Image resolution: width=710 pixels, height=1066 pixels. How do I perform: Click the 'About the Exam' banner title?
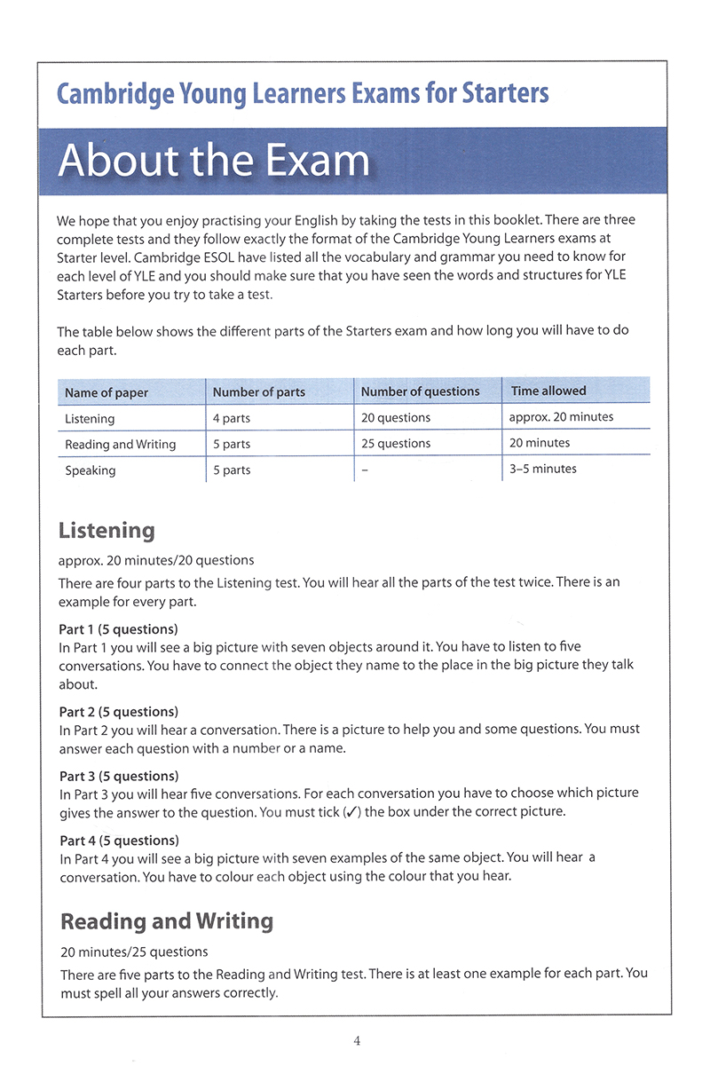click(x=213, y=161)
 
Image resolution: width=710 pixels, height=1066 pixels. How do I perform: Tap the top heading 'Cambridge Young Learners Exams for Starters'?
click(x=302, y=93)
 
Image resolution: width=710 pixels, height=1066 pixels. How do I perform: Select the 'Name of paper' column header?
click(x=106, y=392)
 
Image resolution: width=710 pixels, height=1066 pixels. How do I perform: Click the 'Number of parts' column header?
click(x=258, y=391)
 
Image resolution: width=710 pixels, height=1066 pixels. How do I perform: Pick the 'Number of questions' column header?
click(x=420, y=391)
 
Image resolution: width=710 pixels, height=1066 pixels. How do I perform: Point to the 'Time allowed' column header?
click(x=548, y=391)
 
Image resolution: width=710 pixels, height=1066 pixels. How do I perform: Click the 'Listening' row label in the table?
click(x=90, y=418)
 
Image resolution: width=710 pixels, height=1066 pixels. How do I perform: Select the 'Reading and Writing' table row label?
click(x=120, y=444)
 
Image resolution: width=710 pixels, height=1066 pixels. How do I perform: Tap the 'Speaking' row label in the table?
click(x=90, y=470)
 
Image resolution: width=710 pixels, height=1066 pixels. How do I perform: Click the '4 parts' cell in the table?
click(x=232, y=418)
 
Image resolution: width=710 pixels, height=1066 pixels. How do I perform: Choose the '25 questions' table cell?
click(x=396, y=443)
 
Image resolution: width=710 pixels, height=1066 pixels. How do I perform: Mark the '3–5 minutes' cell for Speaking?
click(x=542, y=469)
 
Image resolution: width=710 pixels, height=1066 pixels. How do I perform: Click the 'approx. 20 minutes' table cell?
click(x=561, y=416)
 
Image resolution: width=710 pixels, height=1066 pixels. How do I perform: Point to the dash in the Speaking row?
click(x=365, y=470)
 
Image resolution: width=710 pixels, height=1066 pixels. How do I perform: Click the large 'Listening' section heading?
click(x=106, y=531)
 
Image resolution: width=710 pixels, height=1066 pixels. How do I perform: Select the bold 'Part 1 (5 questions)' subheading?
click(x=118, y=629)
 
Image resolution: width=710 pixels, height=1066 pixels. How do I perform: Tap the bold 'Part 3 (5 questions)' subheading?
click(x=119, y=776)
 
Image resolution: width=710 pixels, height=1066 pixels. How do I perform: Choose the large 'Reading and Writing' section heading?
click(x=167, y=921)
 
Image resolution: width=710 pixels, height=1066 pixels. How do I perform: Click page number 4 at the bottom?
click(x=356, y=1041)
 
